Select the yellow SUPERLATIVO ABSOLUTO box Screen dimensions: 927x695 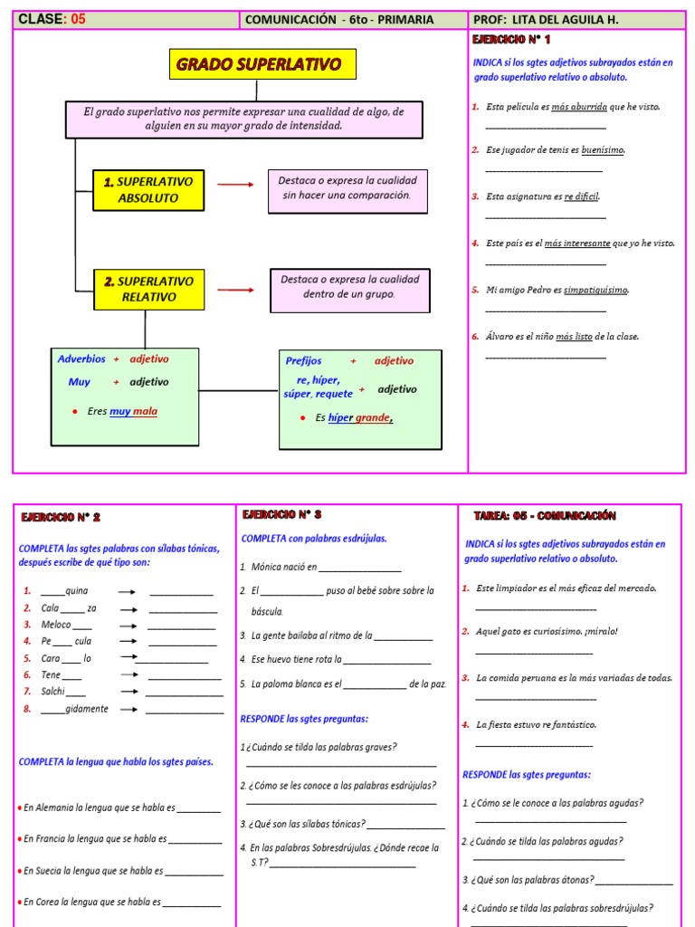click(x=148, y=189)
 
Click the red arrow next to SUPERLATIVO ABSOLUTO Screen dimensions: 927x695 click(x=236, y=185)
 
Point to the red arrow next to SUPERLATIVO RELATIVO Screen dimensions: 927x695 click(x=236, y=290)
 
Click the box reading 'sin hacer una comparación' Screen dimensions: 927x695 click(x=347, y=188)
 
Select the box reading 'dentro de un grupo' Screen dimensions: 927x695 click(x=349, y=287)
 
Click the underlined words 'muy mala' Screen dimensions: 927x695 click(x=133, y=412)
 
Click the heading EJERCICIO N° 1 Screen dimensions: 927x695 click(x=511, y=40)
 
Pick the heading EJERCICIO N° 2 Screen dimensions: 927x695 click(x=62, y=517)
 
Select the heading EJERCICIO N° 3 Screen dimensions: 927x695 click(x=283, y=514)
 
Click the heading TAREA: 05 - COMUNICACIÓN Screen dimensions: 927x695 click(x=545, y=516)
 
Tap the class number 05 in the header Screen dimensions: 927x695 click(x=78, y=19)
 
